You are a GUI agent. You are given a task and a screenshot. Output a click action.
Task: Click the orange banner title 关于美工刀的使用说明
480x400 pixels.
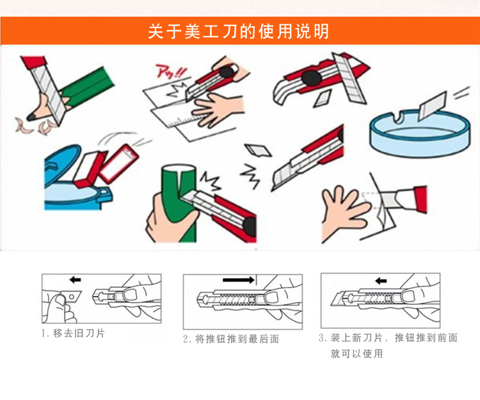(x=239, y=31)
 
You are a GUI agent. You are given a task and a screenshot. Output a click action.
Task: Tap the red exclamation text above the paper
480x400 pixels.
(x=171, y=71)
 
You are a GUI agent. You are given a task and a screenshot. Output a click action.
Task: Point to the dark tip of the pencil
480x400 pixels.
(x=31, y=117)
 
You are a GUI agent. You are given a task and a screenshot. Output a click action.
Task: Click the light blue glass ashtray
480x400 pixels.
(x=420, y=134)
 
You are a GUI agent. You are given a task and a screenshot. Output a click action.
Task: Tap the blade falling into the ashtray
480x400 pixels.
(x=431, y=106)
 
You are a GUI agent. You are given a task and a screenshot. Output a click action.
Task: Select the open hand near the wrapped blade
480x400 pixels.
(x=343, y=212)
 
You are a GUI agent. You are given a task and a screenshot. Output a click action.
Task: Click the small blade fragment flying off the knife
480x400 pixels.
(x=257, y=150)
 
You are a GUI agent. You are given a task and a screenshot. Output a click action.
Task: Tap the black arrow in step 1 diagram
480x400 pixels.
(x=76, y=279)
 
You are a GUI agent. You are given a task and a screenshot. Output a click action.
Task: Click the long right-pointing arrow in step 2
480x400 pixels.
(x=239, y=279)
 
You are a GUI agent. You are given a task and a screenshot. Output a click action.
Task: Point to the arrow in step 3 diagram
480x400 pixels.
(x=381, y=281)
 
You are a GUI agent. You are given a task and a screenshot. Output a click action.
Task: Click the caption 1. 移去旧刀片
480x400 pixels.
(x=74, y=333)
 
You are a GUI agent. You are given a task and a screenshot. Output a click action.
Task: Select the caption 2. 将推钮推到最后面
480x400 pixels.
(x=231, y=339)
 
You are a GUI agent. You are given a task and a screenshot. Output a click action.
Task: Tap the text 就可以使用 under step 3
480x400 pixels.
(x=356, y=354)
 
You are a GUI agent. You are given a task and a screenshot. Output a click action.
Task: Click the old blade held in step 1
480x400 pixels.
(x=70, y=296)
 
